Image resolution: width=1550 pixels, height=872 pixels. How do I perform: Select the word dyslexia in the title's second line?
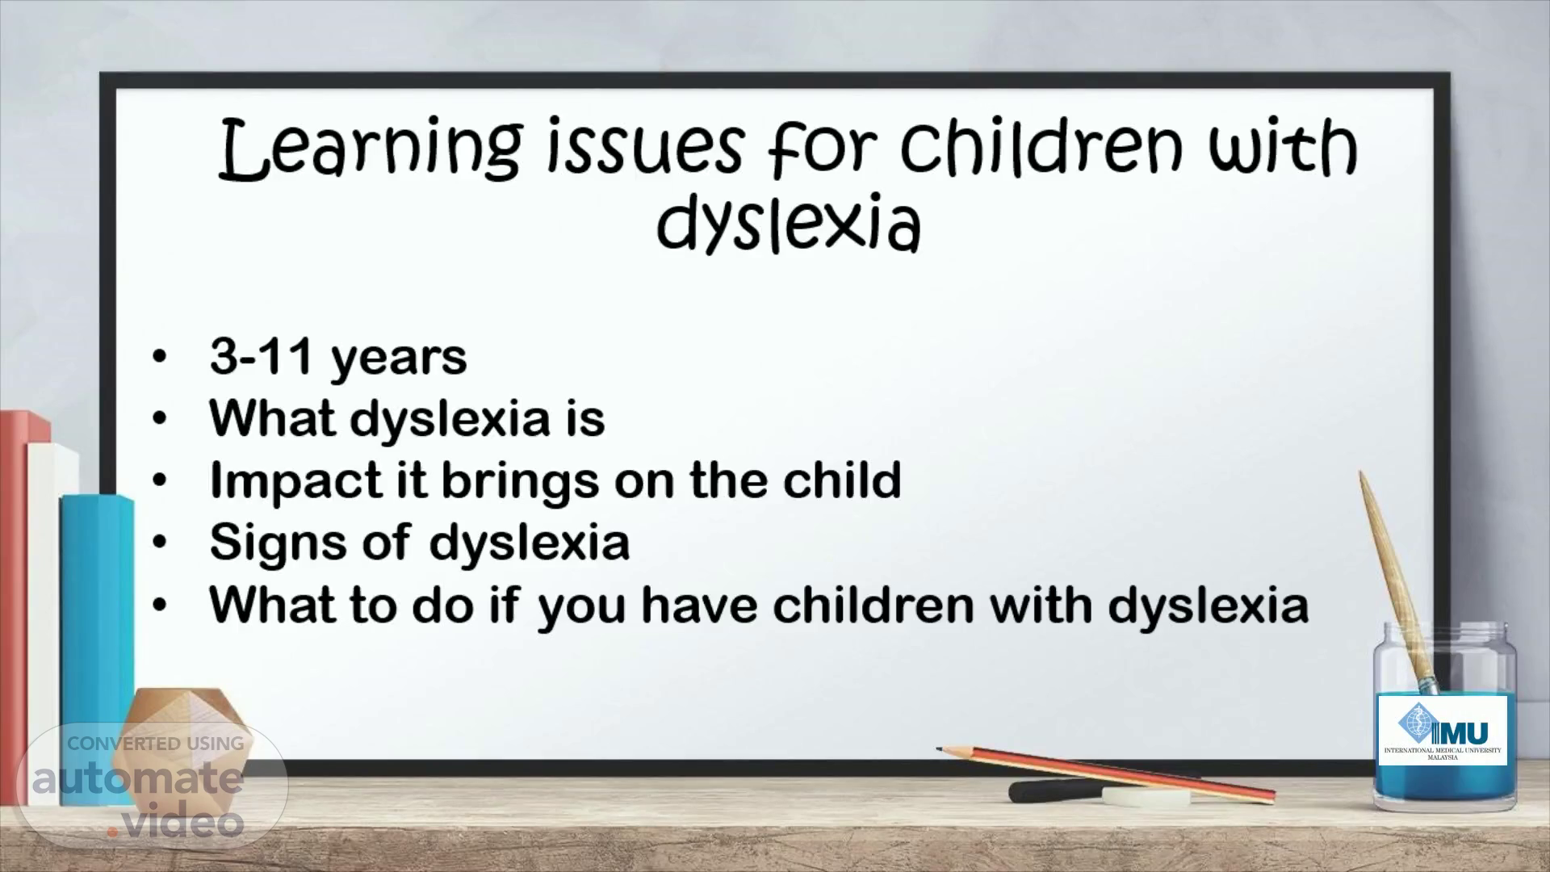point(789,221)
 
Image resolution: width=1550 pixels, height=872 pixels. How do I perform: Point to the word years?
point(399,359)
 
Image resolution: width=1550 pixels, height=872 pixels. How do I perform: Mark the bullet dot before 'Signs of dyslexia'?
point(161,543)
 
